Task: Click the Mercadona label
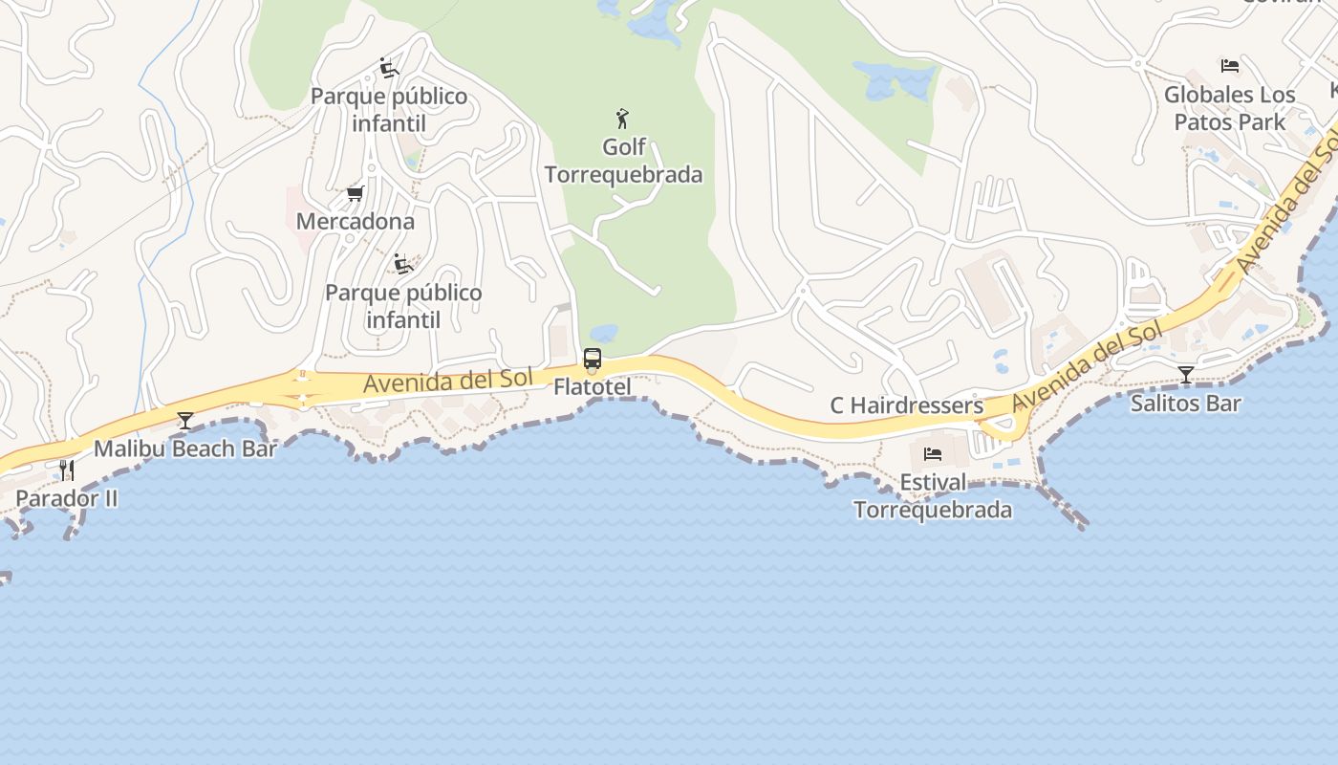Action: [355, 222]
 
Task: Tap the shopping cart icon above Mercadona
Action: [355, 194]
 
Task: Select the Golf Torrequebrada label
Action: [623, 161]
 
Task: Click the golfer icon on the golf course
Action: [622, 119]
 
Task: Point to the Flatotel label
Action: [593, 387]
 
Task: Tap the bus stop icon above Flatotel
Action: [593, 360]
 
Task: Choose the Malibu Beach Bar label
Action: [185, 448]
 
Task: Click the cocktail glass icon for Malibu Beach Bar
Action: [185, 421]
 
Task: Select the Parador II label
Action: [67, 498]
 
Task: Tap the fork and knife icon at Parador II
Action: [66, 470]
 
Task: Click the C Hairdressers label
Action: [906, 405]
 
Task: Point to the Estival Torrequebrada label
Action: [933, 496]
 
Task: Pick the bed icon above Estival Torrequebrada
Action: [933, 454]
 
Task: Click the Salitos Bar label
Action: [1185, 404]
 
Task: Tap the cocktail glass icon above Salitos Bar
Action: [1186, 374]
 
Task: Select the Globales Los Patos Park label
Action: [1230, 108]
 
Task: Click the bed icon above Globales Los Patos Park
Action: [1230, 66]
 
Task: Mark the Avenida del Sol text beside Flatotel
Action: [447, 381]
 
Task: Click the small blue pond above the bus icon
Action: [603, 334]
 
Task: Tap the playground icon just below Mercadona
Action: [403, 264]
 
